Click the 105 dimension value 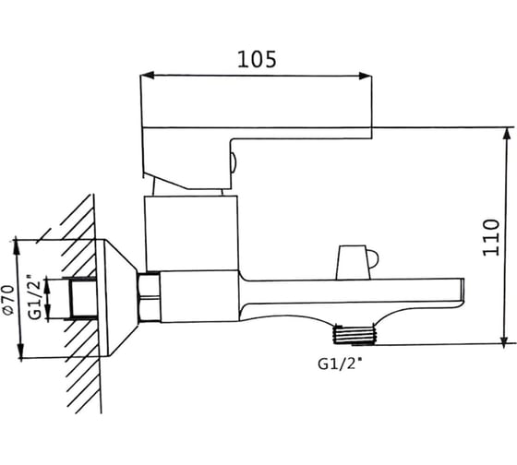pos(257,60)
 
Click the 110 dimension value pos(491,237)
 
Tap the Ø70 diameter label pos(9,299)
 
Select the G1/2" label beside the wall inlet pos(35,296)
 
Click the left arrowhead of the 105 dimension pos(147,75)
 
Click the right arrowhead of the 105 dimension pos(365,76)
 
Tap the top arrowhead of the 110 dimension pos(505,134)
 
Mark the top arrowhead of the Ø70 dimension pos(20,247)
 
